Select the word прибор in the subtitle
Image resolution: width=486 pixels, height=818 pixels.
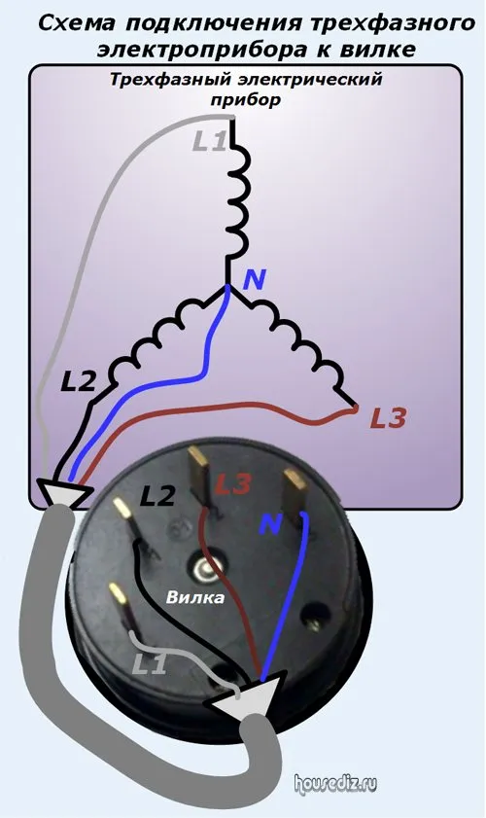tap(246, 100)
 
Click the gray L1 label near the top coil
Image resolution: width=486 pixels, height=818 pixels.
tap(209, 141)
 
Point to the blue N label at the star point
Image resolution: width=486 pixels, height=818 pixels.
tap(255, 280)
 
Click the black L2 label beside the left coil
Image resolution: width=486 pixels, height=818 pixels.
tap(79, 383)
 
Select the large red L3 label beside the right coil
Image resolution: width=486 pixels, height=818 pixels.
tap(388, 418)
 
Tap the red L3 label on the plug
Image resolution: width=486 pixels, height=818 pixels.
tap(233, 484)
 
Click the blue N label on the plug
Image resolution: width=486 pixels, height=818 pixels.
tap(270, 524)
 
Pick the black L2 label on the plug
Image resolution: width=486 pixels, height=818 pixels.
tap(156, 496)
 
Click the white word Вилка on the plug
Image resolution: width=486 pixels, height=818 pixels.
tap(195, 597)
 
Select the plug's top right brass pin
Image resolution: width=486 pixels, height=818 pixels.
tap(295, 491)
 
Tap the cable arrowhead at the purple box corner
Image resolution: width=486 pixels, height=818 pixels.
tap(62, 493)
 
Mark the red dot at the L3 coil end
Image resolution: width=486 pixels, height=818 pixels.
tap(356, 409)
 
